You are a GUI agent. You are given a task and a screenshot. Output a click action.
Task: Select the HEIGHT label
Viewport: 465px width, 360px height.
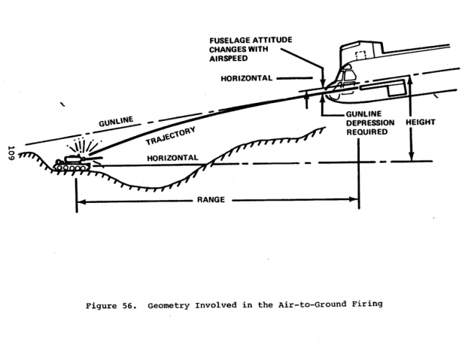[x=420, y=122]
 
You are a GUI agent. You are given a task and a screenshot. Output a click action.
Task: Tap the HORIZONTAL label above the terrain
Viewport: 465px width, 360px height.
[x=172, y=157]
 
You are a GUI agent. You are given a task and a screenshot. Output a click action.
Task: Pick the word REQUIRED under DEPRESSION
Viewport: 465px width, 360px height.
[x=366, y=132]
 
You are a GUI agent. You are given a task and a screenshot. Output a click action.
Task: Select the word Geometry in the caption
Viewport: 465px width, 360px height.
[x=171, y=305]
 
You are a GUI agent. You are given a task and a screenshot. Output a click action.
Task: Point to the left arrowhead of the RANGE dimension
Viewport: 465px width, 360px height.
[x=78, y=200]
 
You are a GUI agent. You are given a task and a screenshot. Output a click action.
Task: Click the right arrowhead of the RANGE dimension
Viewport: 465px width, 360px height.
[x=356, y=200]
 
